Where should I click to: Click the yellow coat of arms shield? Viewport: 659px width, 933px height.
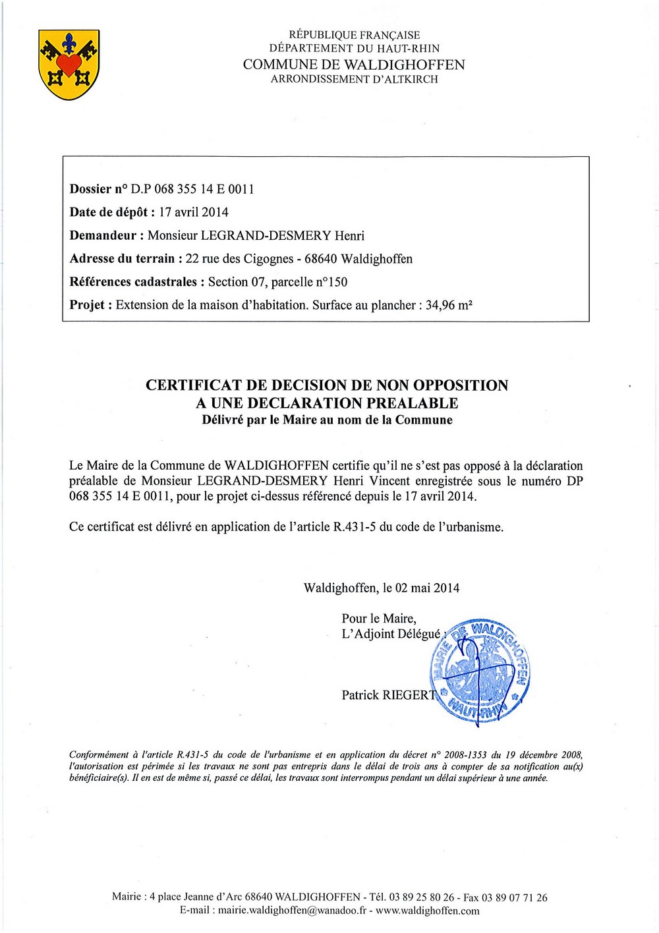(69, 65)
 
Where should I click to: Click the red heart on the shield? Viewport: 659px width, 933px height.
(69, 64)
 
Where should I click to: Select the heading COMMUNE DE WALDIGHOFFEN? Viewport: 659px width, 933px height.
(354, 65)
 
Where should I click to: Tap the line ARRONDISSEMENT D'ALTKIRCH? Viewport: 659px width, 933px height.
(354, 79)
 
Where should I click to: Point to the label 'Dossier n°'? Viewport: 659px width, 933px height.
(99, 189)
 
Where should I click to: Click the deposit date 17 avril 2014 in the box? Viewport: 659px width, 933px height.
(194, 212)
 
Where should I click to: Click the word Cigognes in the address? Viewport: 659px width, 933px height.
(268, 258)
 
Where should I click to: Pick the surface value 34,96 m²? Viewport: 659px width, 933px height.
(449, 305)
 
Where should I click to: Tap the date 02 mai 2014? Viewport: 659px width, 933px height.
(427, 588)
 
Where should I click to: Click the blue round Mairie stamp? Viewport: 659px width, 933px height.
(480, 671)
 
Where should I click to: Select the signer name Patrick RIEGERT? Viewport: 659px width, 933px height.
(389, 695)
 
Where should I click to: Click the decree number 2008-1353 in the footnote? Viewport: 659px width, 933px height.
(467, 755)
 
